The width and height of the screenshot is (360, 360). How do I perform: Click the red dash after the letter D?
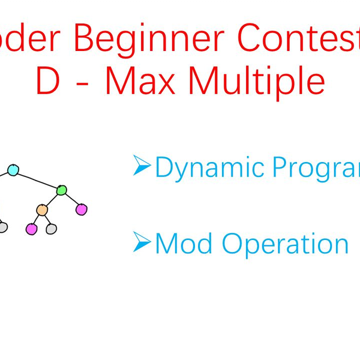tap(84, 84)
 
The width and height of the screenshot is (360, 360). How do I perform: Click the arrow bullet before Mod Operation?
tap(142, 242)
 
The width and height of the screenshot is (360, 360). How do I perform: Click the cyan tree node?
tap(13, 170)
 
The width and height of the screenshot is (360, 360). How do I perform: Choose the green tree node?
tap(61, 190)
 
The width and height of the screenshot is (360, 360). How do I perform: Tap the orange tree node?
tap(41, 210)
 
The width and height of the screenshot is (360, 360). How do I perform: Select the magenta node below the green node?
tap(82, 209)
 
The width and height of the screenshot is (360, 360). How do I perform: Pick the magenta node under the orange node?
tap(31, 229)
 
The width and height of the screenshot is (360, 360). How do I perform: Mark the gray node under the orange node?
tap(52, 229)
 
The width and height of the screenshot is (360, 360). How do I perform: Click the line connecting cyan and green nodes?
tap(37, 180)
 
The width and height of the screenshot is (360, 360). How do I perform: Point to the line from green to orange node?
tap(52, 200)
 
